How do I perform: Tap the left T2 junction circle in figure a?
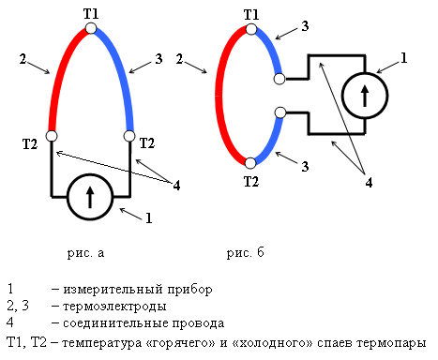(x=53, y=137)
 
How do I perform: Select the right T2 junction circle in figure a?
(x=129, y=137)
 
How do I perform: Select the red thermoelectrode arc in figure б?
(x=221, y=94)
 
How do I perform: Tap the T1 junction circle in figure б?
(x=251, y=29)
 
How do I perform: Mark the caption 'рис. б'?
(x=245, y=253)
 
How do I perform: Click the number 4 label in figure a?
(x=176, y=184)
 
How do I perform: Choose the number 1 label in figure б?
(x=403, y=59)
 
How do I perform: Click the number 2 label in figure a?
(x=21, y=60)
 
